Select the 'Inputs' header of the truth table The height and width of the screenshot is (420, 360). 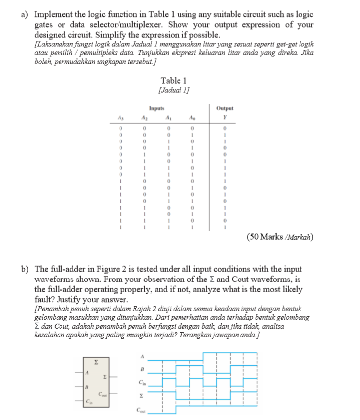pos(156,108)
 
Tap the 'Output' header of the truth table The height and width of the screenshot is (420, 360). pos(225,108)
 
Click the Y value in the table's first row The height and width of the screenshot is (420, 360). pos(225,128)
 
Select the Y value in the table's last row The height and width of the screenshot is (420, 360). pos(225,228)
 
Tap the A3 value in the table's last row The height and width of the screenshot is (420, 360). pos(120,228)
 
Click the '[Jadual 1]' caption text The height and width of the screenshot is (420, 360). pos(174,90)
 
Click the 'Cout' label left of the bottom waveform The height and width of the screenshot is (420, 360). pos(141,410)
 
